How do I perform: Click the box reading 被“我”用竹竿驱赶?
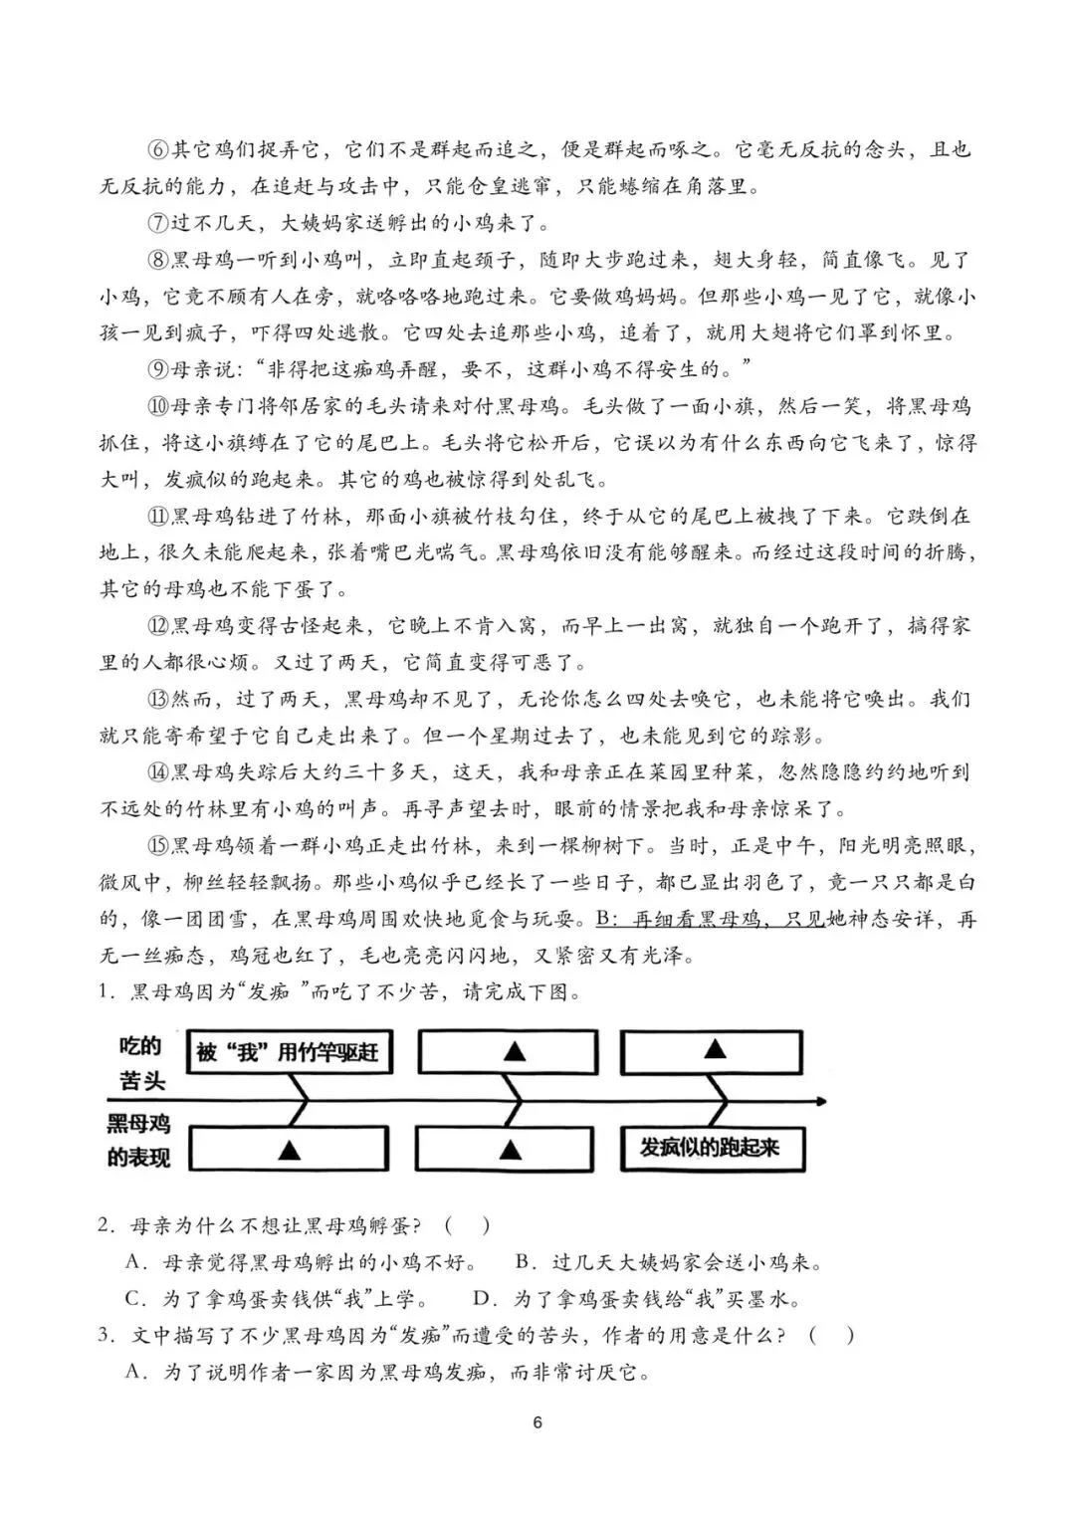pyautogui.click(x=288, y=1052)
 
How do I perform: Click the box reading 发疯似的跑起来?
pyautogui.click(x=712, y=1148)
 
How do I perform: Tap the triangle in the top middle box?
pyautogui.click(x=514, y=1052)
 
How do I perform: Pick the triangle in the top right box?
pyautogui.click(x=715, y=1050)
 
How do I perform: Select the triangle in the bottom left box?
pyautogui.click(x=289, y=1150)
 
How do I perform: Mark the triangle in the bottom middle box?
pyautogui.click(x=511, y=1150)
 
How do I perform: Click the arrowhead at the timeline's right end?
pyautogui.click(x=819, y=1102)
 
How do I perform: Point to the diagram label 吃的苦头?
pyautogui.click(x=140, y=1062)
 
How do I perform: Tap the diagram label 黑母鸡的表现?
pyautogui.click(x=139, y=1141)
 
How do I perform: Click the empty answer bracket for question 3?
pyautogui.click(x=831, y=1335)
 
